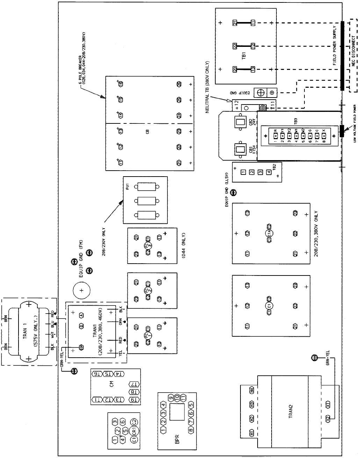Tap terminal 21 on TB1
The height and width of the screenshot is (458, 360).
(x=235, y=23)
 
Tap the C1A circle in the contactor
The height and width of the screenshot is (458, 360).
(x=270, y=233)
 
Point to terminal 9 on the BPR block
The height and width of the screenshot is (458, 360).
(x=171, y=398)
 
